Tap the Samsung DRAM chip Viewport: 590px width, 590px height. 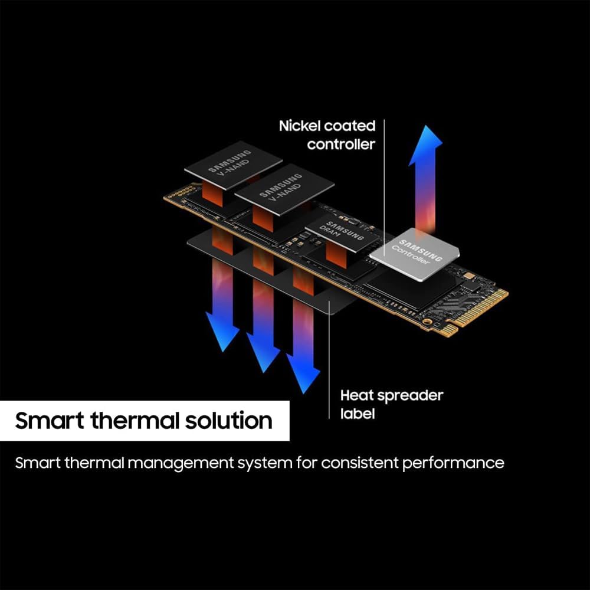341,234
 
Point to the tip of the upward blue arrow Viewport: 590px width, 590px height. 426,126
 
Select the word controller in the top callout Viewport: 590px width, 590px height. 341,145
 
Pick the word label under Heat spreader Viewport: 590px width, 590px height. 358,414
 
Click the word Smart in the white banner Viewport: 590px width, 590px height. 50,420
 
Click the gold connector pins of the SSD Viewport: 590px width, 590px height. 476,312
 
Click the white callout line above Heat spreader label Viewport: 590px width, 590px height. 329,360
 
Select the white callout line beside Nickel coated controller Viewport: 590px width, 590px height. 384,188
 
